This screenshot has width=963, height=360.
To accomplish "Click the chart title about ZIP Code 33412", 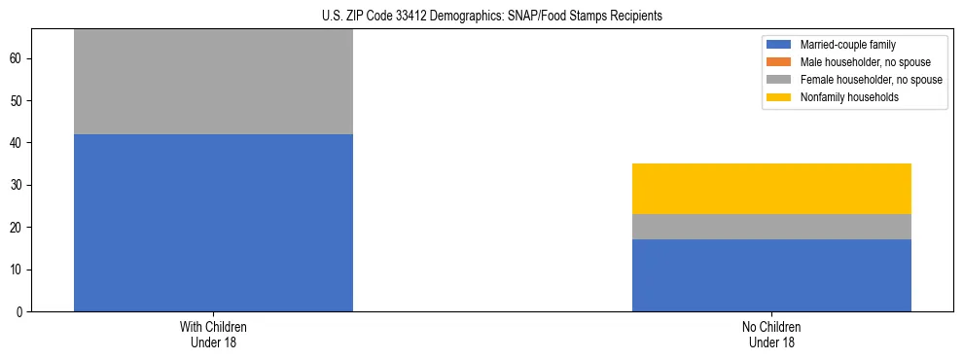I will point(491,16).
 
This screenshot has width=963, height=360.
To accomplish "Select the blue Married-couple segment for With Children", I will point(213,223).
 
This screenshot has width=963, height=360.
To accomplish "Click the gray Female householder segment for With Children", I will point(213,82).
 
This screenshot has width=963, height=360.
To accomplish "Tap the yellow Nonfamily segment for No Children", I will point(771,189).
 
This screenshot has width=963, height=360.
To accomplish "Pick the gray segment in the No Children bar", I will point(771,227).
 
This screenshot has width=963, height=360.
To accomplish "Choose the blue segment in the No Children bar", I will point(771,275).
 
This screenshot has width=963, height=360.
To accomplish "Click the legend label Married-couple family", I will point(848,45).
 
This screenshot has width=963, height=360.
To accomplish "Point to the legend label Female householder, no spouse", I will point(871,80).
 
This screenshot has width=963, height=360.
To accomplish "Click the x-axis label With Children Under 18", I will point(213,335).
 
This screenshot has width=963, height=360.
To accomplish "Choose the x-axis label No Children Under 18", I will point(771,335).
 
